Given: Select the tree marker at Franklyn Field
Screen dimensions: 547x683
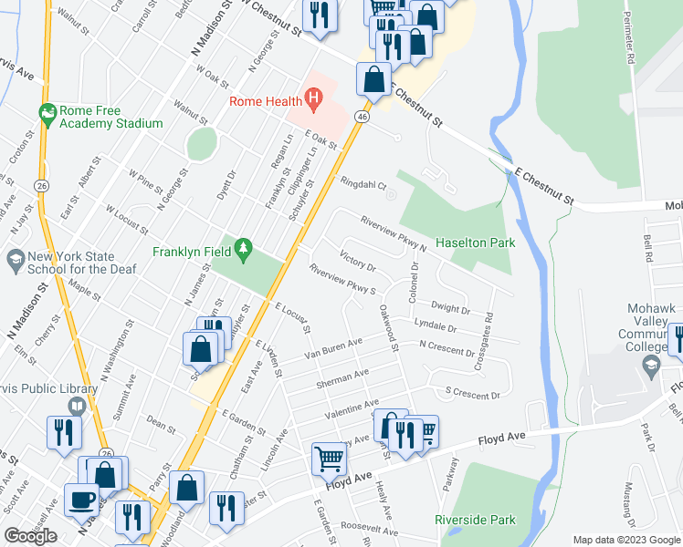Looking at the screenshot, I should (x=243, y=248).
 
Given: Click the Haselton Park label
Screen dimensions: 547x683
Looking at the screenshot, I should (x=475, y=243).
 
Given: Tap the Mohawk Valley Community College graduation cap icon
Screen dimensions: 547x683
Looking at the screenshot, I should (x=651, y=366).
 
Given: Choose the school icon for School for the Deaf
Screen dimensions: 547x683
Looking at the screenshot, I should (x=15, y=260).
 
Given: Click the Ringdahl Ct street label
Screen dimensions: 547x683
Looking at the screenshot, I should (x=363, y=183).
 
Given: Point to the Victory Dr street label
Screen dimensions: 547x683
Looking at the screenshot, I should (x=357, y=261).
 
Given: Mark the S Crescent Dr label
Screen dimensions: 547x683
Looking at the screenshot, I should (x=472, y=394).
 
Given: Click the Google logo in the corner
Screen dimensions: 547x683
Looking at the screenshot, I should (x=30, y=536).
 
